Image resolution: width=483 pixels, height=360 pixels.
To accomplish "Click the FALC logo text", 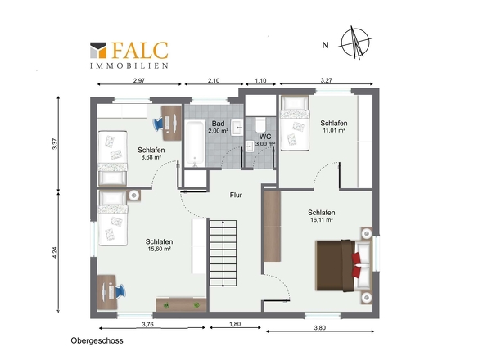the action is point(140,50).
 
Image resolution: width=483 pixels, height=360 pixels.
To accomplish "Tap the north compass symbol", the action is point(355,43).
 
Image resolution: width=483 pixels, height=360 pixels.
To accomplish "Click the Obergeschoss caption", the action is point(97,340).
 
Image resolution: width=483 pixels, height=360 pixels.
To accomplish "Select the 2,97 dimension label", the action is point(139,80).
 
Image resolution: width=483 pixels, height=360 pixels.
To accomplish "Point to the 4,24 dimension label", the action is point(55,253).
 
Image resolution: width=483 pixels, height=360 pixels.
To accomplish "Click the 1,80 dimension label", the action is point(235,324).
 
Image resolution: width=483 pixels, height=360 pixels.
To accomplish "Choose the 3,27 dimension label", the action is point(326,80).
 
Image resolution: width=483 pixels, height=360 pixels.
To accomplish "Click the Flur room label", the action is point(236,195).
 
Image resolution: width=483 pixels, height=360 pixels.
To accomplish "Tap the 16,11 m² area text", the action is point(322,220).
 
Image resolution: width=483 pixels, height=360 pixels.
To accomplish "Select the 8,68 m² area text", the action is point(151,157).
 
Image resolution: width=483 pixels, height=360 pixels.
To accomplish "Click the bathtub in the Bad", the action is point(195,143).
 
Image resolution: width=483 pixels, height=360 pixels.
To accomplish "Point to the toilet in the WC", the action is point(260,124).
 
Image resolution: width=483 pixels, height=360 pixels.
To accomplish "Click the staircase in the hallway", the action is point(223,253).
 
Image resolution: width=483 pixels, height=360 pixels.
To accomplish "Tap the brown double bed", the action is point(343,265).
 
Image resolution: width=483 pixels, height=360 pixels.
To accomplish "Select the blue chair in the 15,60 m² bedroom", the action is point(120,291).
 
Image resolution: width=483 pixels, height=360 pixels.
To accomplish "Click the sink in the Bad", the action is point(237,127).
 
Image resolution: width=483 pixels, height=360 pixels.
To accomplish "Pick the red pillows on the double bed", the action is point(356,265).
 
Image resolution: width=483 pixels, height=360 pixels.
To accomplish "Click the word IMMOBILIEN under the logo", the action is point(129,65).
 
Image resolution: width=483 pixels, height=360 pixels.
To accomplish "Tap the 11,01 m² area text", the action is point(334,130).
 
